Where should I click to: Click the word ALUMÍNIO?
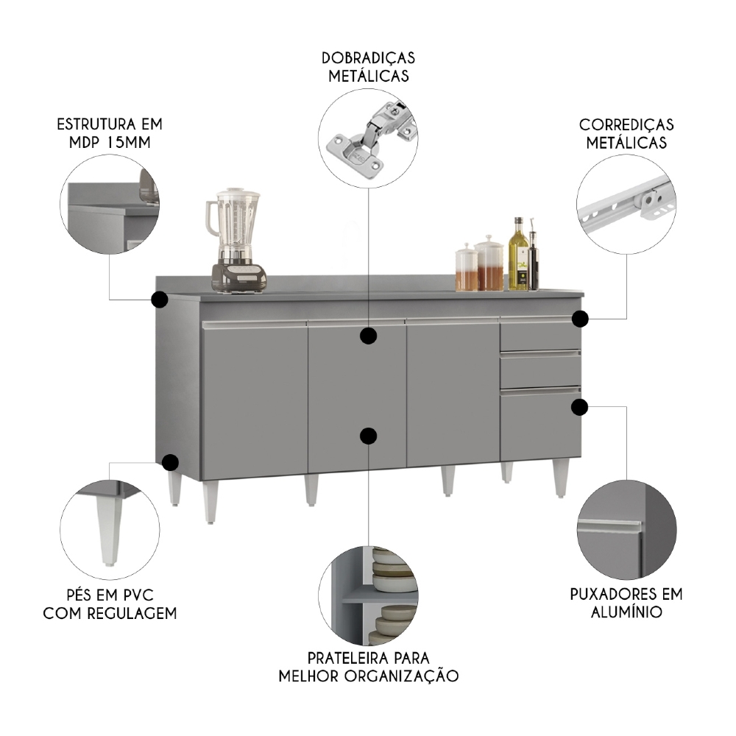(626, 612)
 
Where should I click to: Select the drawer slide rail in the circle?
(626, 207)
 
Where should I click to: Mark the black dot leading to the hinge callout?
(369, 336)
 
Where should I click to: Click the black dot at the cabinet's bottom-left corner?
(170, 462)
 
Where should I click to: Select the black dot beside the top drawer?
(581, 319)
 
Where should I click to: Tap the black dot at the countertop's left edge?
(159, 300)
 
